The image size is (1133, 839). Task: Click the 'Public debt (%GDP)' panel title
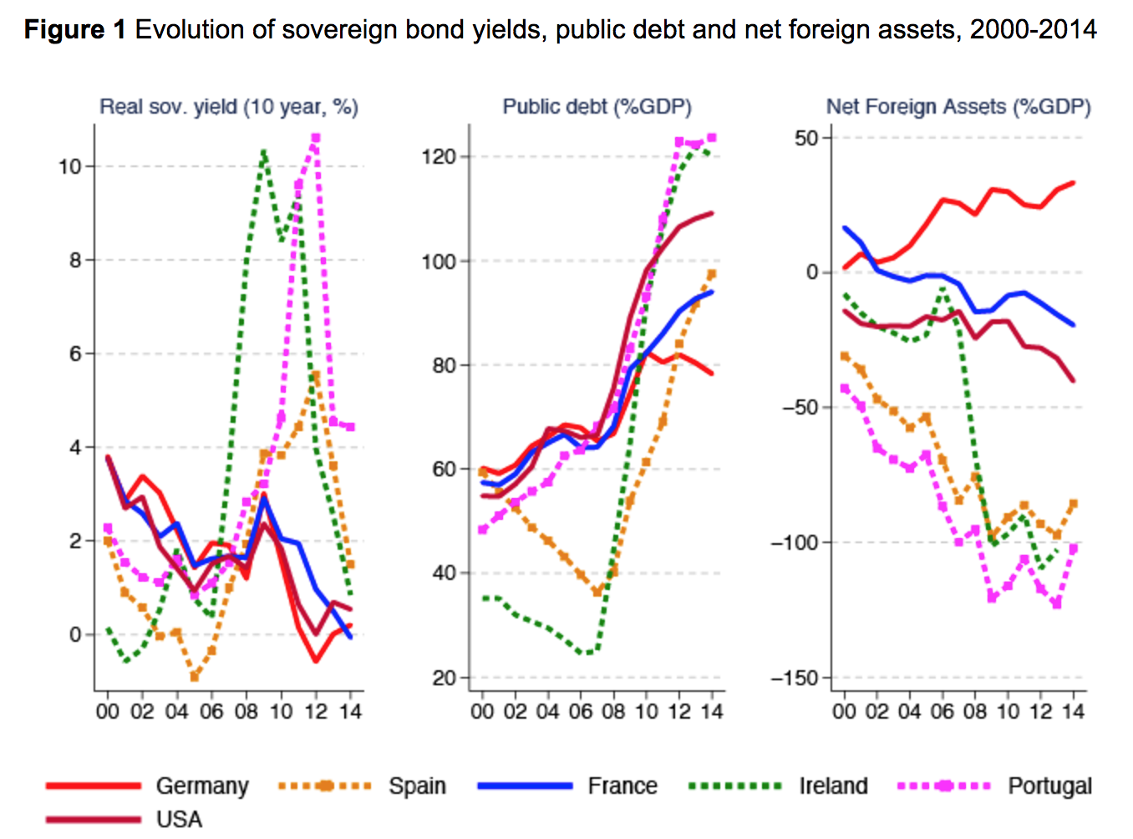(597, 107)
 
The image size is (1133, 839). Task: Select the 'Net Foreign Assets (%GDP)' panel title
(958, 107)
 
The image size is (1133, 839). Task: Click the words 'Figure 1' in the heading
(74, 30)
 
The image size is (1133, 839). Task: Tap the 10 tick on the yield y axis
(69, 166)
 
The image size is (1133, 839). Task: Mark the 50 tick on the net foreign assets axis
(806, 138)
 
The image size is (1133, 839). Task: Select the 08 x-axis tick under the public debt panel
(613, 711)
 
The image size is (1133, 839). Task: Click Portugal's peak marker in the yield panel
(315, 138)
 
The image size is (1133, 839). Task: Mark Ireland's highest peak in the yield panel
(263, 153)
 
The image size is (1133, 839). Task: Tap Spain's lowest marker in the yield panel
(195, 677)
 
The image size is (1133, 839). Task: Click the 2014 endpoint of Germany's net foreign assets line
(1073, 182)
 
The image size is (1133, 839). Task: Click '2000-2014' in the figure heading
(1033, 30)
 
